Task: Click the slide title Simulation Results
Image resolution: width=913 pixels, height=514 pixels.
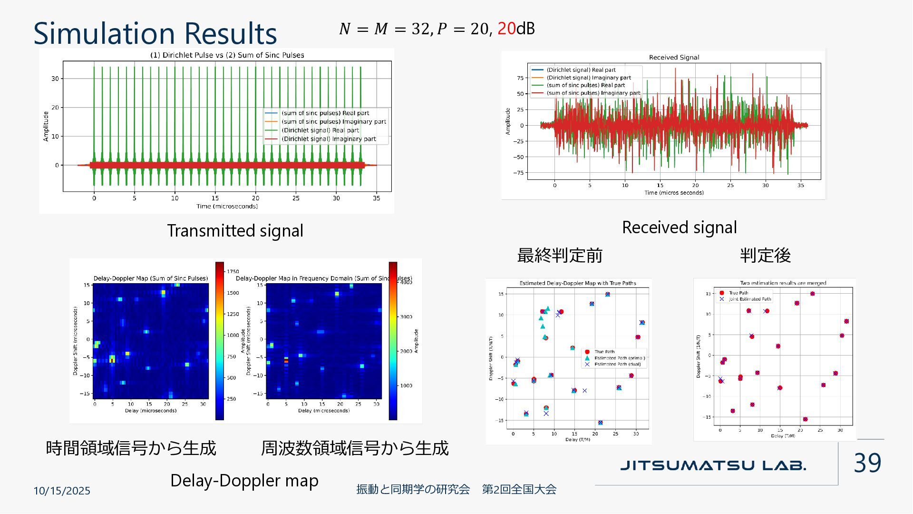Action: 155,33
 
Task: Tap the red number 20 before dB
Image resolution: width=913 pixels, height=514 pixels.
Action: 506,29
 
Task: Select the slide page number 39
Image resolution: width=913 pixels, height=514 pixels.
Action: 867,463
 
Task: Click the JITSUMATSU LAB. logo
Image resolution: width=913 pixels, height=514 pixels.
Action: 713,465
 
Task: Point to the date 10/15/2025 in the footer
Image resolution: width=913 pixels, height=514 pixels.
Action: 62,491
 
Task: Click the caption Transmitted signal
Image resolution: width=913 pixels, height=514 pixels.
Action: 235,231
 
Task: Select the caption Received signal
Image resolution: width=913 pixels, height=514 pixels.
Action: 679,227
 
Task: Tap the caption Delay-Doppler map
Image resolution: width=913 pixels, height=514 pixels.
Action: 244,481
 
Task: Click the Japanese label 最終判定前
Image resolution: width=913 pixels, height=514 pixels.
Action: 560,256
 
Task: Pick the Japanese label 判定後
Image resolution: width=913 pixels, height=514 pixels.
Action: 765,256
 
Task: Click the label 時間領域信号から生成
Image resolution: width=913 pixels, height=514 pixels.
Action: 131,448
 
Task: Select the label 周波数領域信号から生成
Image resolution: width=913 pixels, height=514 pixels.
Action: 355,448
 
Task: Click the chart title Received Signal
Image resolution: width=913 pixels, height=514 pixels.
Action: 674,58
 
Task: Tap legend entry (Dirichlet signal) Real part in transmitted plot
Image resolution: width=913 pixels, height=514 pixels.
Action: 320,130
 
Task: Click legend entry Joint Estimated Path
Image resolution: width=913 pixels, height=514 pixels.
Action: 749,299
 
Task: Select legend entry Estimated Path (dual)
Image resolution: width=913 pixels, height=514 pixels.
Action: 617,365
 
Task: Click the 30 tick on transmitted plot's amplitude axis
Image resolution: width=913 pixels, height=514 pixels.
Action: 55,79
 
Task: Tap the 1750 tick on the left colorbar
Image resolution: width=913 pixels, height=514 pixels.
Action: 233,271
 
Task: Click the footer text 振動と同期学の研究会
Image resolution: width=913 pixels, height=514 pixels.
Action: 413,489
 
